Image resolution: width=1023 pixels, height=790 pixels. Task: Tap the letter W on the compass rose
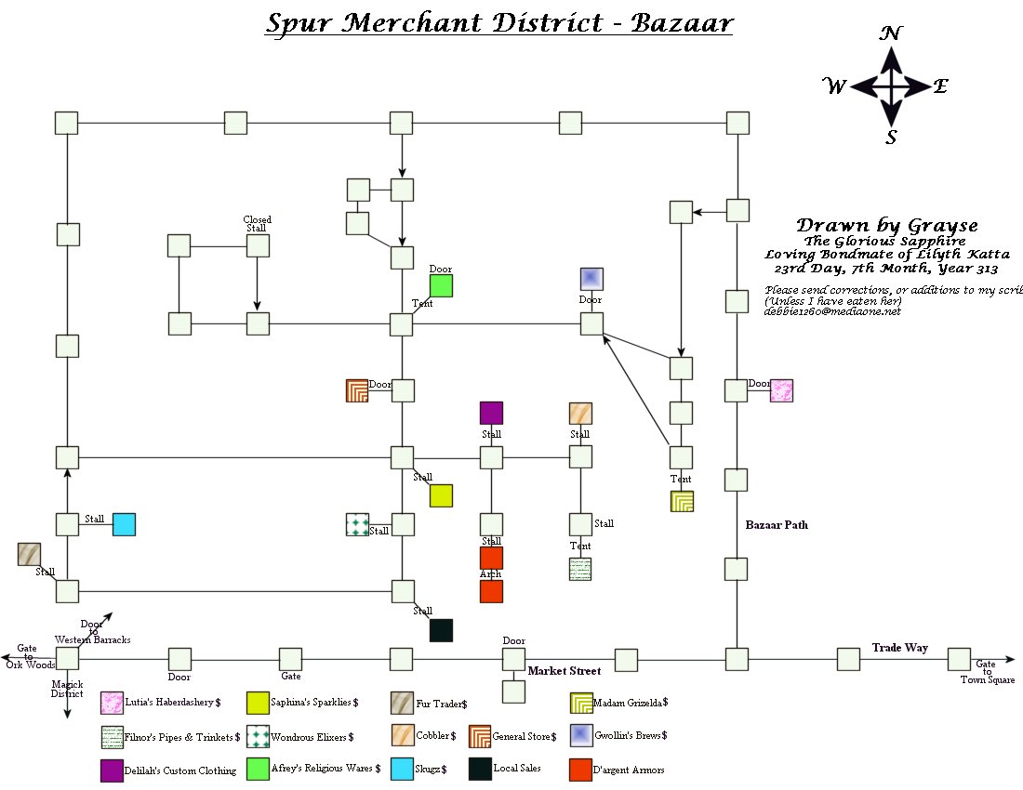point(834,87)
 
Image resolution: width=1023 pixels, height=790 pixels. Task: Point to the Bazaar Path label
point(777,525)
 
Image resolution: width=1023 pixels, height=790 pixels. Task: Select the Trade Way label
point(899,648)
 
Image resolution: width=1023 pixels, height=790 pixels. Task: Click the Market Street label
point(565,671)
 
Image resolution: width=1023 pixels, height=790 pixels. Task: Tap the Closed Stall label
point(257,224)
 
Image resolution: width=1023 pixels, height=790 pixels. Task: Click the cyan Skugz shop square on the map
point(124,524)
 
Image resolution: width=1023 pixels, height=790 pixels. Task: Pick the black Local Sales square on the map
point(441,630)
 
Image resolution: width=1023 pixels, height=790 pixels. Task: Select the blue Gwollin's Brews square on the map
point(592,279)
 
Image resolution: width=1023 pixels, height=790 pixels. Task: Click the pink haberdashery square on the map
point(781,390)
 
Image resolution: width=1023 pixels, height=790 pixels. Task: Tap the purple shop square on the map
point(491,413)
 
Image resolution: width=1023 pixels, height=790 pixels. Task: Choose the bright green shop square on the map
point(441,286)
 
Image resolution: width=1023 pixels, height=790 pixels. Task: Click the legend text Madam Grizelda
point(630,702)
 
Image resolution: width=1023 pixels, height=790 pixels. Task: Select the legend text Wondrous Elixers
point(312,737)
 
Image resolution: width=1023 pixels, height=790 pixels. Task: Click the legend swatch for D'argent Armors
point(580,770)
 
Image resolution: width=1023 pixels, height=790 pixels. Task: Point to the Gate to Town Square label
point(986,672)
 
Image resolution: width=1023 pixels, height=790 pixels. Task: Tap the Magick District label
point(67,689)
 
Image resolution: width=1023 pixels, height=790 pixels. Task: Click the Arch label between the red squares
point(490,574)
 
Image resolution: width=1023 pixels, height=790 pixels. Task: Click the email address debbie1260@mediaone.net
point(832,311)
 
